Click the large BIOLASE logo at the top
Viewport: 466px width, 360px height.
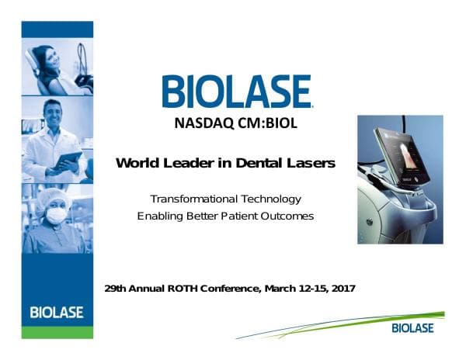[x=237, y=92]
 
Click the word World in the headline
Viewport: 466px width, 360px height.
[x=137, y=163]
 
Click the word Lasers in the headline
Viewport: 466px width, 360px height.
[x=310, y=163]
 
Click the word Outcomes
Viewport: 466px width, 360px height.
[x=287, y=216]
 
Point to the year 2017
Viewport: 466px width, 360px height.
[x=342, y=289]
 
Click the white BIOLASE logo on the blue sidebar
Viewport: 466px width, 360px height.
[x=57, y=313]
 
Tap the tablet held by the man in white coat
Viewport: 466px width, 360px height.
[x=71, y=159]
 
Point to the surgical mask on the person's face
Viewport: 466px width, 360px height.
[x=56, y=214]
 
